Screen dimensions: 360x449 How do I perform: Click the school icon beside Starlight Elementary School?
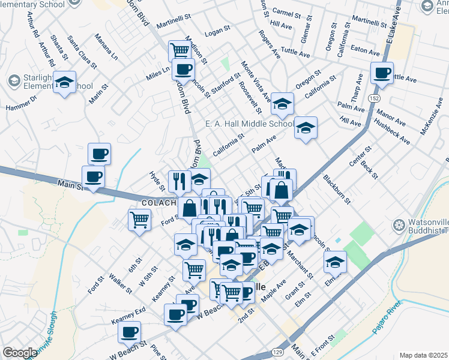(64, 82)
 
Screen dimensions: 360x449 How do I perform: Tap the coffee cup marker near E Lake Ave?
(382, 73)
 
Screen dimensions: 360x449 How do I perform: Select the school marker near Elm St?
(335, 262)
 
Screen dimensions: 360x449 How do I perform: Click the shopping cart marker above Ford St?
(139, 220)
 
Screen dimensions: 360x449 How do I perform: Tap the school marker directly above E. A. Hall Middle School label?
(282, 104)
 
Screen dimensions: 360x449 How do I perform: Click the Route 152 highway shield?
(374, 98)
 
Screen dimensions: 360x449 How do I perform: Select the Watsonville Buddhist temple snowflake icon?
(398, 226)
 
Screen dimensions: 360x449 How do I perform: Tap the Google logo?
(20, 353)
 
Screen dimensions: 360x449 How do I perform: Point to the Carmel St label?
(286, 13)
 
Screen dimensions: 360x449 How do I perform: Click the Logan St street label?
(218, 28)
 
